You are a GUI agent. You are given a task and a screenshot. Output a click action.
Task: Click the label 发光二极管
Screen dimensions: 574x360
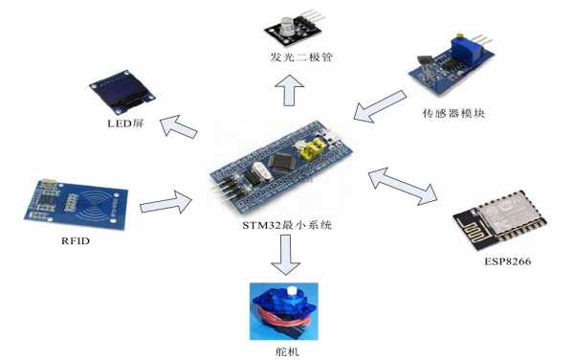click(301, 57)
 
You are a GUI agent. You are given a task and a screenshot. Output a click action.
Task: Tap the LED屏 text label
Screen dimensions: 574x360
click(125, 124)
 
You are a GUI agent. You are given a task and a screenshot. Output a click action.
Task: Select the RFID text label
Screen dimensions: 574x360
click(76, 240)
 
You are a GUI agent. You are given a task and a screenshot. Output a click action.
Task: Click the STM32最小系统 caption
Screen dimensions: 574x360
click(287, 224)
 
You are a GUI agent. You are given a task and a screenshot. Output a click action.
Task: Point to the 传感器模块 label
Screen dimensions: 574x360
click(453, 113)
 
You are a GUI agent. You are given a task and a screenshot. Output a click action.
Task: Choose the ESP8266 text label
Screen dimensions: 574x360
click(507, 261)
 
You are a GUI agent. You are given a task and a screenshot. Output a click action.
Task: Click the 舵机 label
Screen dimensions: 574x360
click(287, 352)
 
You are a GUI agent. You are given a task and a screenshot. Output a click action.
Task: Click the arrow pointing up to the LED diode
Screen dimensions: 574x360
click(289, 90)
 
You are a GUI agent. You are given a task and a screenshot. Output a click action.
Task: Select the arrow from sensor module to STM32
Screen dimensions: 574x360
click(380, 106)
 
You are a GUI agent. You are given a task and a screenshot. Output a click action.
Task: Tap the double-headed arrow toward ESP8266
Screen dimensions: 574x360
click(403, 186)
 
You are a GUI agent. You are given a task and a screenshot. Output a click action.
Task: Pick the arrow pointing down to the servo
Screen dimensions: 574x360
click(285, 255)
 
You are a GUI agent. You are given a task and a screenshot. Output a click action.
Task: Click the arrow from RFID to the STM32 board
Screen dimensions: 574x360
click(166, 202)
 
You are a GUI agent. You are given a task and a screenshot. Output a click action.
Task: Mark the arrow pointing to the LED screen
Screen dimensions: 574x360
click(179, 126)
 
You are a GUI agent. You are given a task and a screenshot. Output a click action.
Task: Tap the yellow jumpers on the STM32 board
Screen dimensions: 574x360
click(313, 149)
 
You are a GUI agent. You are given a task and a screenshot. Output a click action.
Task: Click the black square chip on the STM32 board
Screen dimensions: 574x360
click(282, 162)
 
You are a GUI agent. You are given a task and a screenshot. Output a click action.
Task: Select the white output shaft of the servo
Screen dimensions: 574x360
click(292, 291)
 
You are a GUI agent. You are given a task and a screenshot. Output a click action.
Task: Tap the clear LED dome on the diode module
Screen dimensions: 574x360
click(289, 26)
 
